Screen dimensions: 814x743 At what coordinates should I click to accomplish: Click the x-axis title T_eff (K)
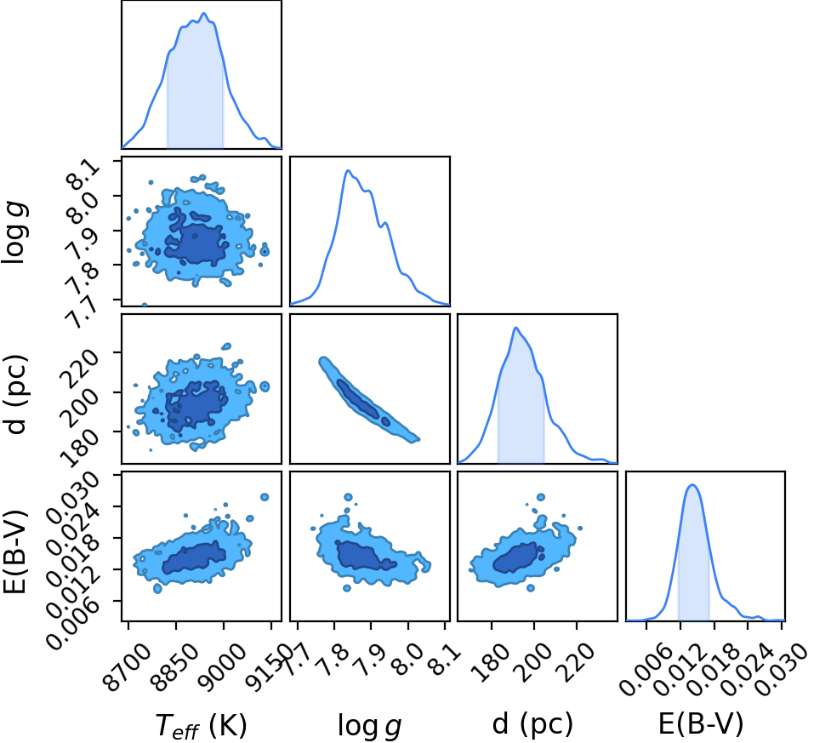pos(201,725)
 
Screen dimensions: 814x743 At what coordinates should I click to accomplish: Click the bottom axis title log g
pos(370,726)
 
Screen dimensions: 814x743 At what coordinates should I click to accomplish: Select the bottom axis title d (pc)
pos(532,724)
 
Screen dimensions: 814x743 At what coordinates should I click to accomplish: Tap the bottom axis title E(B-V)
pos(701,723)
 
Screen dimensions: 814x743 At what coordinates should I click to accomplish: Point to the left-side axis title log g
pos(15,232)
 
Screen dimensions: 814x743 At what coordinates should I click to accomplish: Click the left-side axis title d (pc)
pos(15,395)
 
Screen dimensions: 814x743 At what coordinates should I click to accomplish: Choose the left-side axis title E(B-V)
pos(15,551)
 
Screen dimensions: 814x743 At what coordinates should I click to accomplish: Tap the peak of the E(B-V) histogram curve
pos(692,485)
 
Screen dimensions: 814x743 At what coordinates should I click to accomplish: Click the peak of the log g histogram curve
pos(348,170)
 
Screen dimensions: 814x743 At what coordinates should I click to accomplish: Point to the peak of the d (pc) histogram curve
pos(515,328)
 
